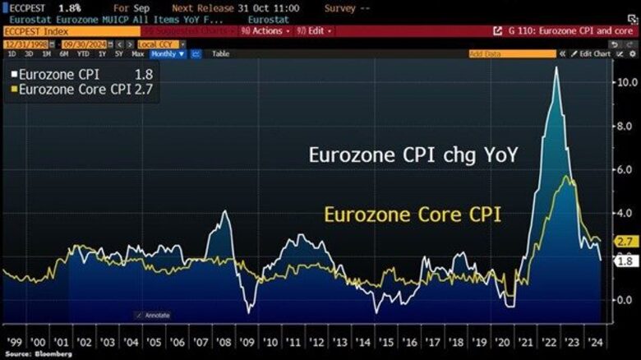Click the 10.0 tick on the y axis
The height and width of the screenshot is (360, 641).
click(625, 83)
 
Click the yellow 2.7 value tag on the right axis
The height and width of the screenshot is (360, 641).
click(626, 242)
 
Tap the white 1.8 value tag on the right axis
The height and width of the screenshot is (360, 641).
click(626, 261)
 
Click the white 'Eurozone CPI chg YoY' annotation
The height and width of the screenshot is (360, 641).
click(413, 154)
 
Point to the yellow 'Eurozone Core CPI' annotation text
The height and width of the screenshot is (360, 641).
click(412, 215)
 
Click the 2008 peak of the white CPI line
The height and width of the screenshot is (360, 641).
click(225, 212)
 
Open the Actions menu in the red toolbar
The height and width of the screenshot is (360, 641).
click(265, 30)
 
